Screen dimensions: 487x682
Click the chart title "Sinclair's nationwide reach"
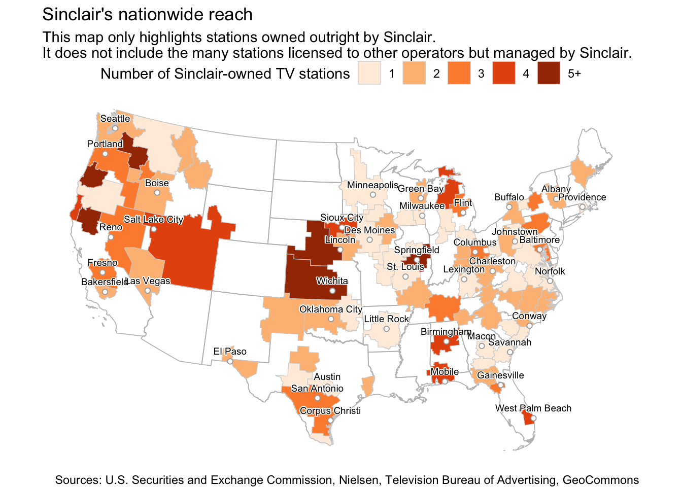pos(147,15)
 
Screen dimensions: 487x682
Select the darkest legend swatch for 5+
pos(549,73)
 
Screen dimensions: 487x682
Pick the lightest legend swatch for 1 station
pos(369,73)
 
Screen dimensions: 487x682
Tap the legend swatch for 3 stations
pos(459,73)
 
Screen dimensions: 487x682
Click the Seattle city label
pos(115,119)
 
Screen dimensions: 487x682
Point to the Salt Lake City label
pos(153,220)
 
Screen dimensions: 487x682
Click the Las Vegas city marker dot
pos(147,291)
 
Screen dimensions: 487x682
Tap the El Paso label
pos(230,352)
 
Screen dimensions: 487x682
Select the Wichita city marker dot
pos(332,291)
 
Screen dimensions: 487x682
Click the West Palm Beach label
pos(533,408)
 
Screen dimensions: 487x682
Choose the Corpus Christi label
pos(330,411)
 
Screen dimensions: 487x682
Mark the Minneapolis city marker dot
pos(373,195)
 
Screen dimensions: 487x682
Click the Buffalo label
pos(509,197)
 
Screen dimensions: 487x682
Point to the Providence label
pos(582,197)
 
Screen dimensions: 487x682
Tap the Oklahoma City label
pos(331,309)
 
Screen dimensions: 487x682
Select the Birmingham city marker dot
pos(447,341)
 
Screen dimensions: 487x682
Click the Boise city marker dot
pos(157,193)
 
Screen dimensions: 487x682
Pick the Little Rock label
pos(386,319)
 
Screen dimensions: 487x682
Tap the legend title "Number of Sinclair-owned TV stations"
pos(225,74)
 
